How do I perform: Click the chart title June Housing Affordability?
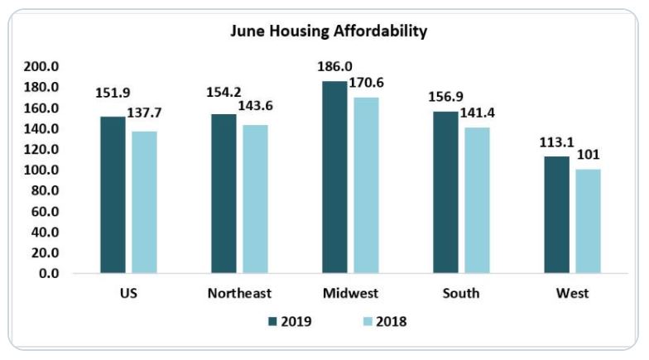tap(329, 32)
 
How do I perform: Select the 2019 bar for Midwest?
tap(335, 177)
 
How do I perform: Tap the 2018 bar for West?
tap(588, 221)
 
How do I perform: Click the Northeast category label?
tap(240, 294)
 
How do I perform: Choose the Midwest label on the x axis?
tap(351, 294)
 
